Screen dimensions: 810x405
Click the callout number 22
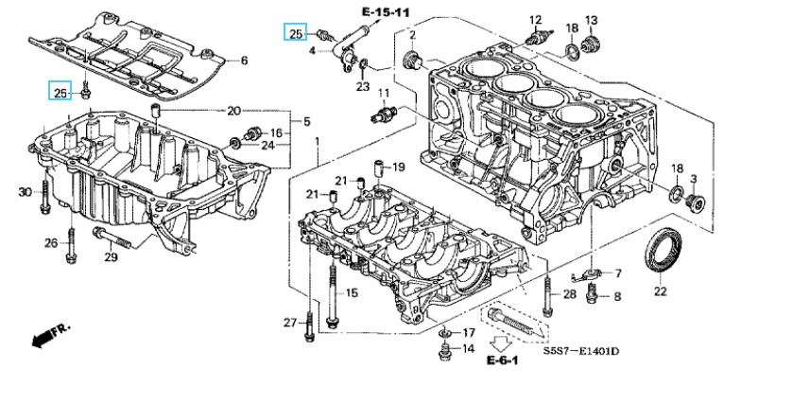pos(661,291)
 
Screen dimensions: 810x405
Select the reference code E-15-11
pos(386,12)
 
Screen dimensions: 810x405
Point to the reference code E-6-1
pos(502,361)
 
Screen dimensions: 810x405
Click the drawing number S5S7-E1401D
pos(580,352)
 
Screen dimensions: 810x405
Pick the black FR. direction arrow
pos(51,335)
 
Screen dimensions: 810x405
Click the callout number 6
pos(244,61)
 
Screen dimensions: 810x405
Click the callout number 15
pos(352,293)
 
